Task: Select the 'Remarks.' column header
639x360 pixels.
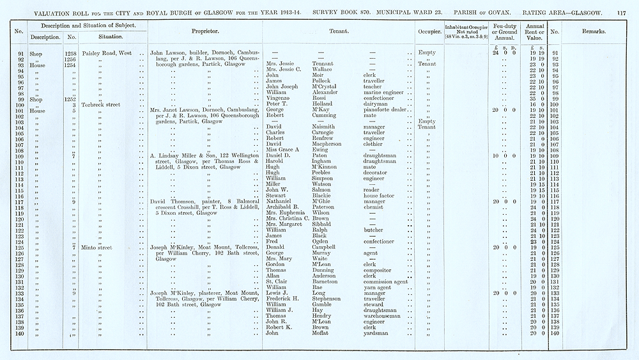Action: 594,31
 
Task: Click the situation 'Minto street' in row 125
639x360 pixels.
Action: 98,247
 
